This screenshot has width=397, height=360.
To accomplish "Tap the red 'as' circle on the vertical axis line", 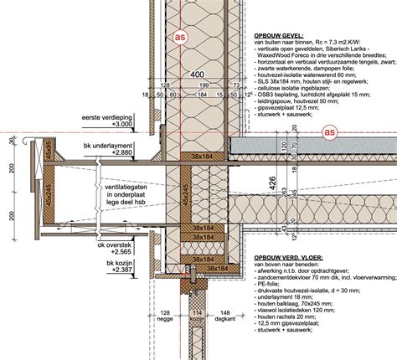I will coord(178,38).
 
